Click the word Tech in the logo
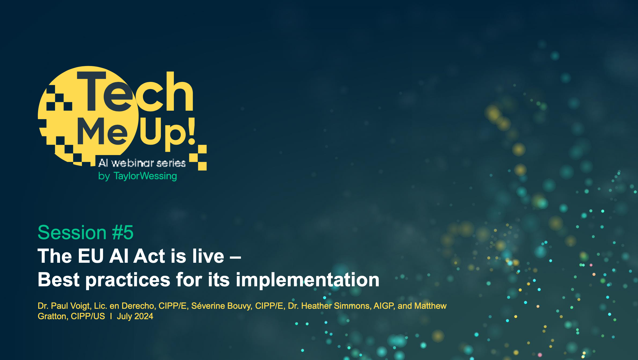coord(135,91)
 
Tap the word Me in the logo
coord(102,131)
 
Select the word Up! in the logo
coord(168,134)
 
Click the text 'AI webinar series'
coord(142,163)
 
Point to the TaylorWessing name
coord(145,176)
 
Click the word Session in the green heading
coord(72,233)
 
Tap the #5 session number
coord(123,233)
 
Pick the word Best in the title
coord(59,280)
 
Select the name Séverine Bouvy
coord(222,306)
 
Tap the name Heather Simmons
coord(337,306)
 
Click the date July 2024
coord(135,316)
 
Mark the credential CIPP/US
coord(88,316)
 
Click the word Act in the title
coord(150,256)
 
